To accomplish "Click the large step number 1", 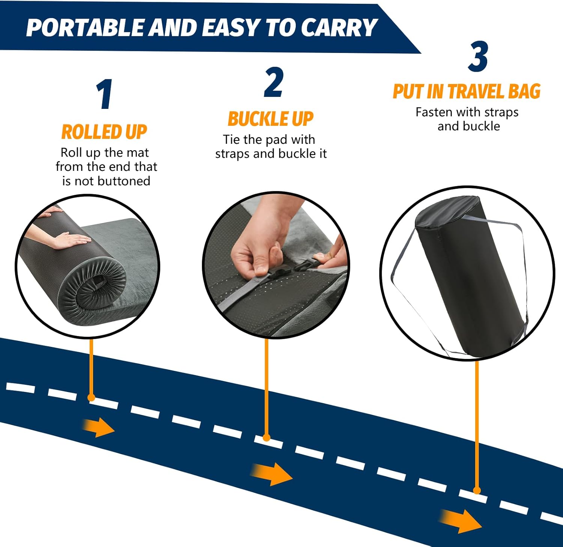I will click(x=104, y=95).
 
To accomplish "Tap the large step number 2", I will click(x=273, y=83).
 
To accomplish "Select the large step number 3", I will click(x=478, y=57).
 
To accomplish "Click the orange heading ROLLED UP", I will click(x=104, y=132).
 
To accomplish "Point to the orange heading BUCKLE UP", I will click(x=271, y=119).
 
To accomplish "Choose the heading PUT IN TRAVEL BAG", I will click(x=467, y=92).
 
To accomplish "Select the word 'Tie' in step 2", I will click(x=232, y=140).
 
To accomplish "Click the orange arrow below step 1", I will click(x=98, y=427).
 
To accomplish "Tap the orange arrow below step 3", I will click(x=461, y=520).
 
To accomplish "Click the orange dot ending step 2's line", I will click(x=266, y=437).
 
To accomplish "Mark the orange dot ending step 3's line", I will click(x=477, y=490).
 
